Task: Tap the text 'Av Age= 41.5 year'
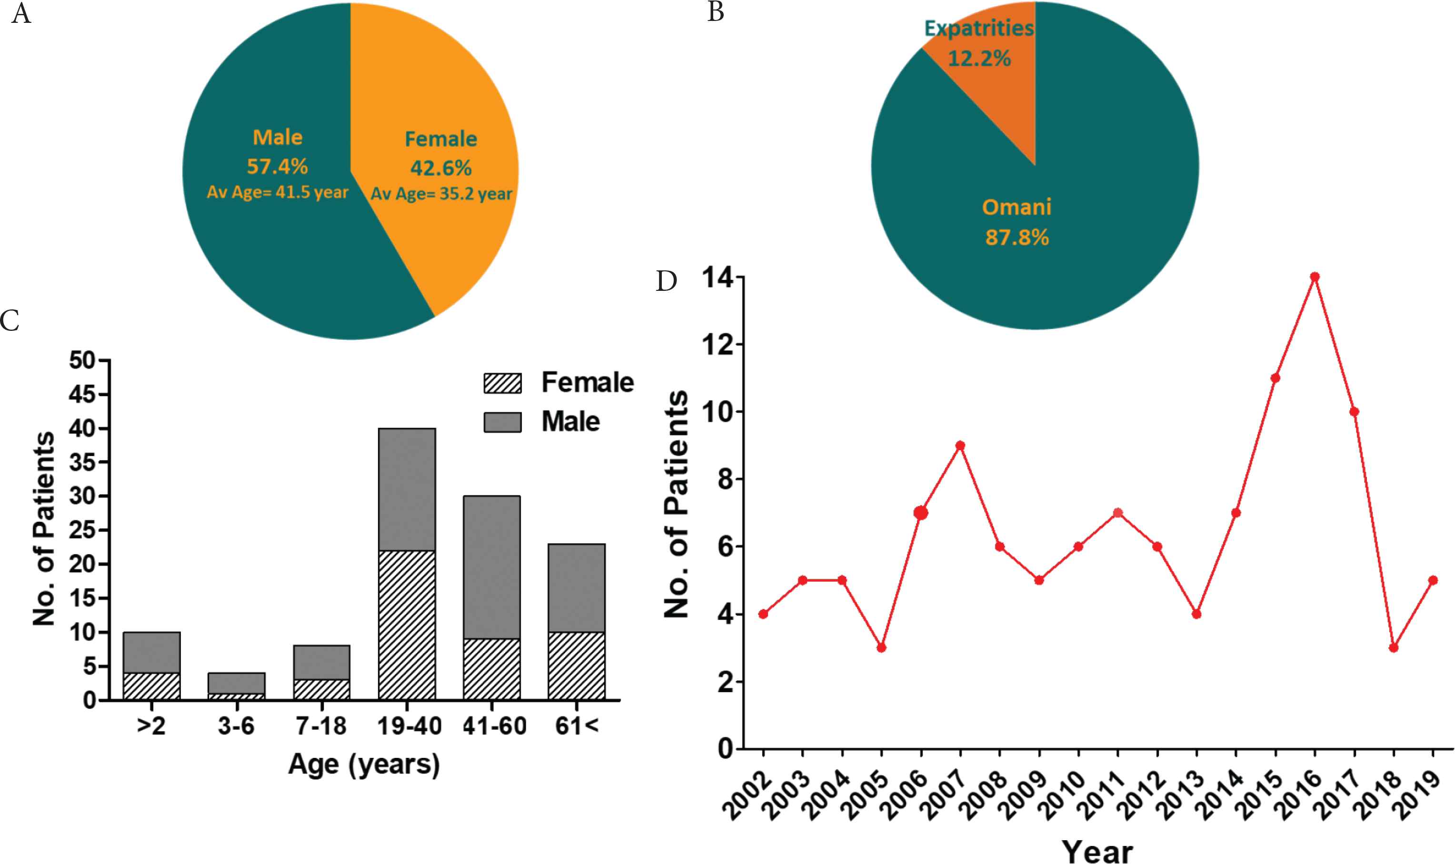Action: [278, 192]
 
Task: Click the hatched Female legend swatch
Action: [502, 383]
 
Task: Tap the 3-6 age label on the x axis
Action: [236, 726]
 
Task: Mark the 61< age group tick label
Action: [577, 726]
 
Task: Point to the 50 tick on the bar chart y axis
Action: [82, 360]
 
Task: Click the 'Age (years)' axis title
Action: [364, 765]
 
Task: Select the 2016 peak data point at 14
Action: [1315, 277]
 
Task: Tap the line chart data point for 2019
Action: [1434, 580]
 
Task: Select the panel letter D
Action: [666, 281]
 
